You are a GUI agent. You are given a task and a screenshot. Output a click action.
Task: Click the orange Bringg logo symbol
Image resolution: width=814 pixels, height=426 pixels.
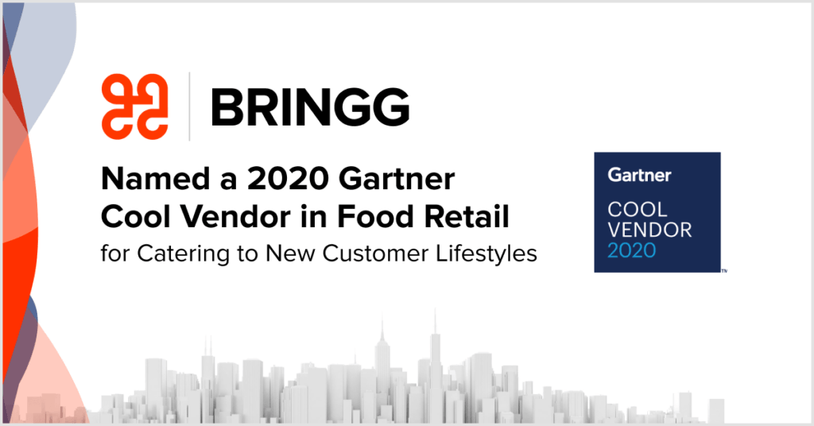pyautogui.click(x=135, y=106)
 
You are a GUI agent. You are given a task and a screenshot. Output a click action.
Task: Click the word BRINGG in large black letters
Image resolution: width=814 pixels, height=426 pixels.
pyautogui.click(x=310, y=107)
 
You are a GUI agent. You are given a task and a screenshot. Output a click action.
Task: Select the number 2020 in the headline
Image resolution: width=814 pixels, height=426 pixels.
pyautogui.click(x=288, y=179)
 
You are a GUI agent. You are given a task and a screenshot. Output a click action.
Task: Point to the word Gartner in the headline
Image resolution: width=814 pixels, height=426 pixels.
pyautogui.click(x=397, y=179)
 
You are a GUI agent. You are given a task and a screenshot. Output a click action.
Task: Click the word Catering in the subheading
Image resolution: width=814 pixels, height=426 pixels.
pyautogui.click(x=183, y=254)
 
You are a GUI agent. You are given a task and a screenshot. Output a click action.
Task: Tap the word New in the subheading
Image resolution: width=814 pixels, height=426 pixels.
pyautogui.click(x=290, y=254)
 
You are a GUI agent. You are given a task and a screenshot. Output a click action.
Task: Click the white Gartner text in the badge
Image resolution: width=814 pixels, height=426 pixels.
pyautogui.click(x=640, y=175)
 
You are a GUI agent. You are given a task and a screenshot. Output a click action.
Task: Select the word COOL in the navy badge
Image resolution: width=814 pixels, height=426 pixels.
pyautogui.click(x=638, y=210)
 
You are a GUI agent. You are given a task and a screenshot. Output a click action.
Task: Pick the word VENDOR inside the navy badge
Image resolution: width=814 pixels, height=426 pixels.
pyautogui.click(x=650, y=230)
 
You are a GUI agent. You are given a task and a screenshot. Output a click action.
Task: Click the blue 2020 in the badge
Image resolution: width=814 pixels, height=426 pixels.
pyautogui.click(x=632, y=250)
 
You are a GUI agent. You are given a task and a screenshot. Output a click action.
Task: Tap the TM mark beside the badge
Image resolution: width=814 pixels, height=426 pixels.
pyautogui.click(x=724, y=271)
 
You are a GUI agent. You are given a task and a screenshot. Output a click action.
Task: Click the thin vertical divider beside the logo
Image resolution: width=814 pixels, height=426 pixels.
pyautogui.click(x=189, y=106)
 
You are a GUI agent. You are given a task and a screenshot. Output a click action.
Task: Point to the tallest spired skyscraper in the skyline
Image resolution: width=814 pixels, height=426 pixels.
pyautogui.click(x=435, y=363)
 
